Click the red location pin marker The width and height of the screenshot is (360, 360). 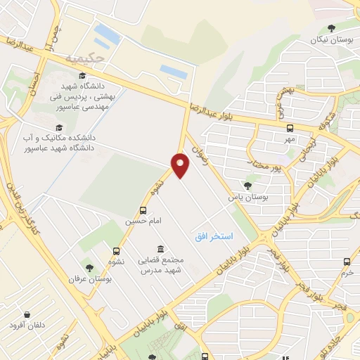click(x=181, y=164)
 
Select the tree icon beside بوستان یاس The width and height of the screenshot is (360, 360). click(x=247, y=186)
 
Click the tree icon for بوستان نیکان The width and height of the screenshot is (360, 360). click(x=331, y=28)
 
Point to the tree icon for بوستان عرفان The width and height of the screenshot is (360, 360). click(x=89, y=268)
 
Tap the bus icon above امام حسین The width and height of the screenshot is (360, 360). click(x=143, y=210)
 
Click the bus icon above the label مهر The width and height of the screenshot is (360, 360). click(x=290, y=128)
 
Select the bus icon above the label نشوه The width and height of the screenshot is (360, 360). click(x=115, y=250)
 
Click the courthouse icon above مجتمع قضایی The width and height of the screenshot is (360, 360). click(x=161, y=250)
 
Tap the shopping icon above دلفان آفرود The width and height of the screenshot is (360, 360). click(x=27, y=314)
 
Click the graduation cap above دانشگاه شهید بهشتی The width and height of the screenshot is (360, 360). click(x=82, y=75)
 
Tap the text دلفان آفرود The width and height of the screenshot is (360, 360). click(x=27, y=326)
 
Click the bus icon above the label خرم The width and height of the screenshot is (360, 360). click(x=347, y=262)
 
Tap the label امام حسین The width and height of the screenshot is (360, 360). click(x=143, y=221)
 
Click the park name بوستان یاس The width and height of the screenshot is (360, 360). click(x=247, y=198)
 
